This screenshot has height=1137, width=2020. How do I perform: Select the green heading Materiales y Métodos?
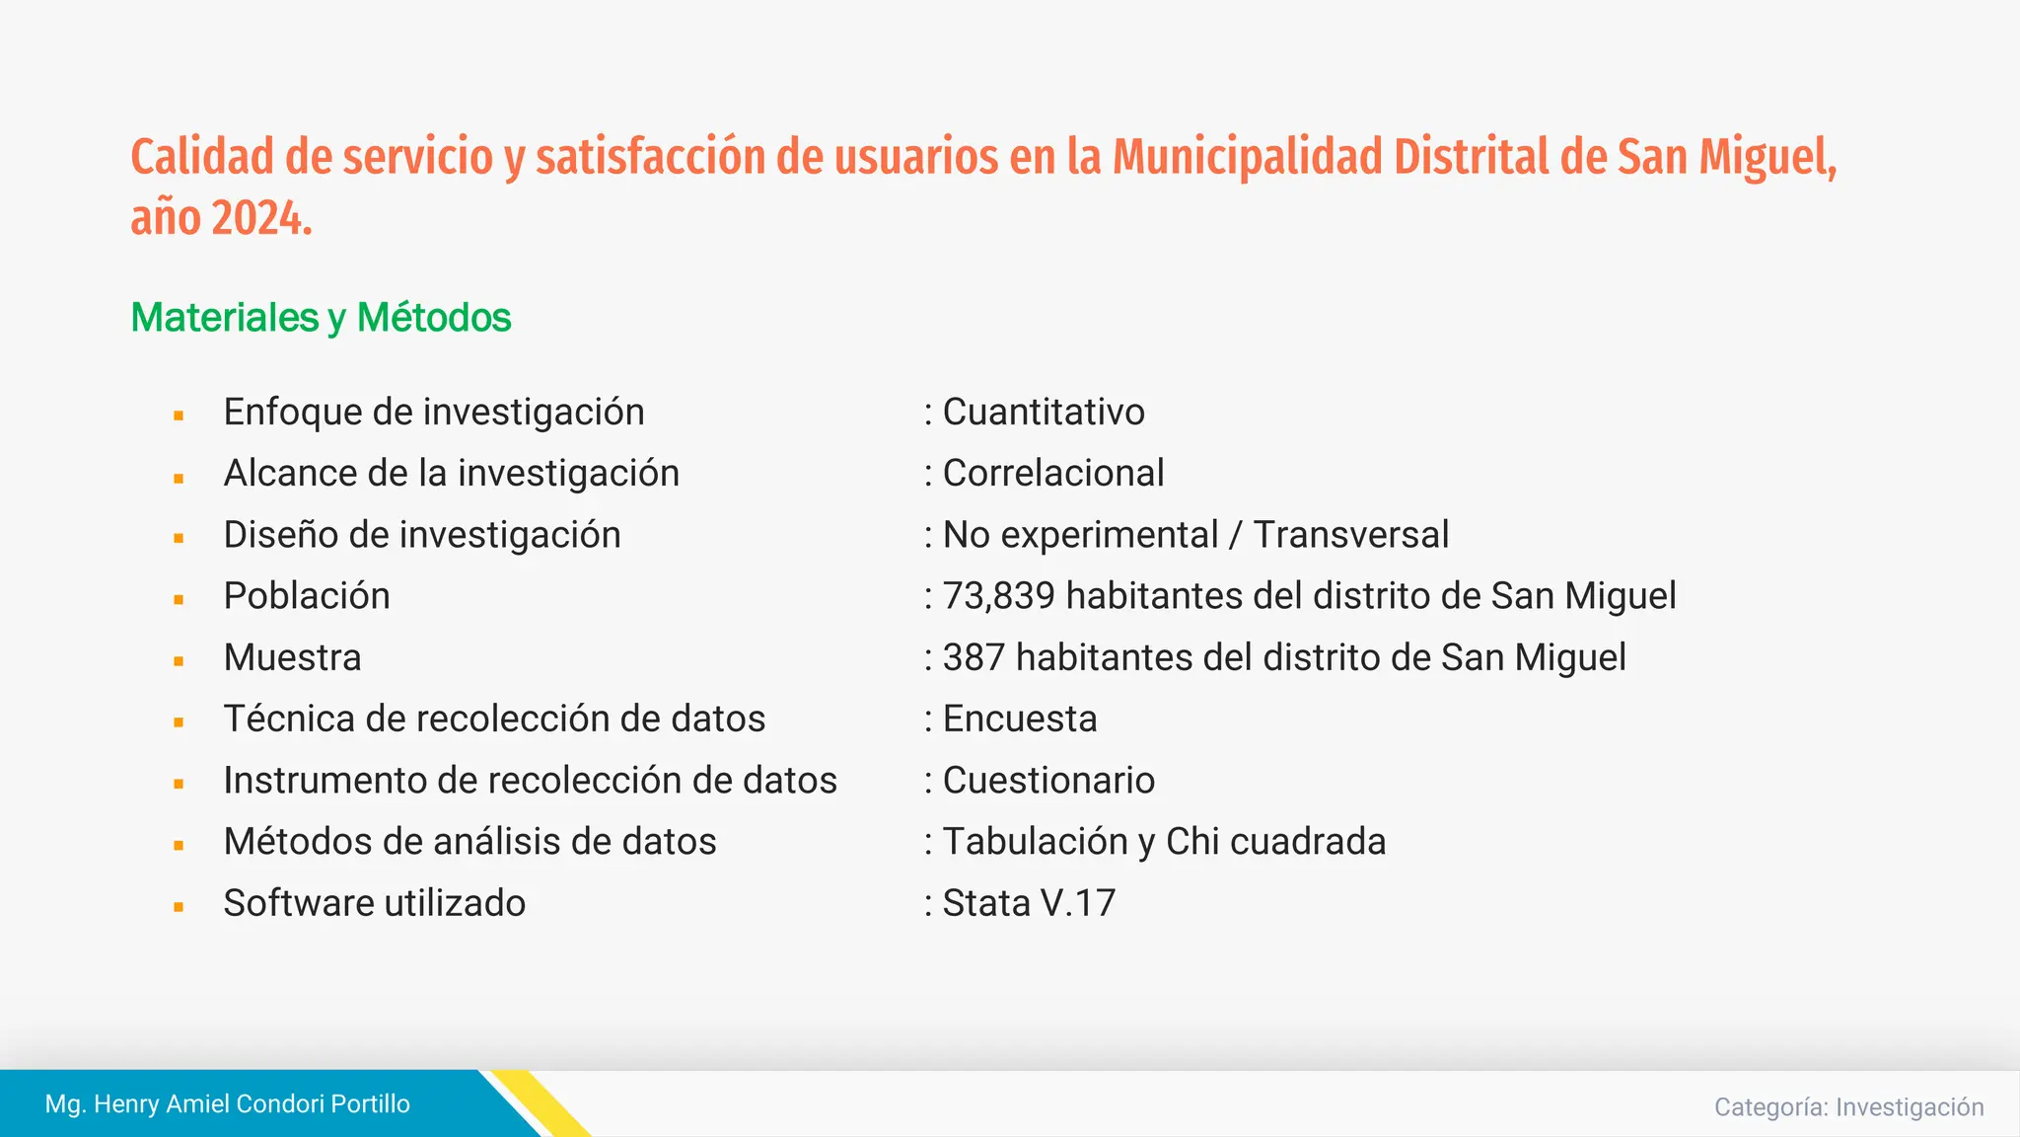pos(321,318)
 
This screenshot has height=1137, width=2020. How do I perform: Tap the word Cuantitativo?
pos(1044,413)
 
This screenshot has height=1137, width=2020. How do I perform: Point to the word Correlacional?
pos(1053,474)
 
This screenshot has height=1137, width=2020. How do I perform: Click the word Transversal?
pos(1350,535)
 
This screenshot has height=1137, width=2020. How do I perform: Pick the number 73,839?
pos(998,596)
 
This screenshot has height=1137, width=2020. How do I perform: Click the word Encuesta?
pos(1020,720)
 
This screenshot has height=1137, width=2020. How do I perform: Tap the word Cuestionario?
pos(1048,781)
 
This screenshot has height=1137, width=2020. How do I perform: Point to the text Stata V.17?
pos(1029,903)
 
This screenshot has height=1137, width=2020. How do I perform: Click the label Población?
pos(307,596)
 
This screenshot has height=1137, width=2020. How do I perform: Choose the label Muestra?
pos(293,657)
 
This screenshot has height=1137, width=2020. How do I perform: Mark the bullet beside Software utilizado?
pos(179,907)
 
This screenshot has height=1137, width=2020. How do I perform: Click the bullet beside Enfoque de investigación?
pos(179,417)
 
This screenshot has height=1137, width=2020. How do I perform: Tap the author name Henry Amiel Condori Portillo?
pos(251,1103)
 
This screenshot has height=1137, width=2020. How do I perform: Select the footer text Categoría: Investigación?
pos(1848,1107)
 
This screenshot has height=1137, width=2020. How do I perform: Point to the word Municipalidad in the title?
pos(1247,158)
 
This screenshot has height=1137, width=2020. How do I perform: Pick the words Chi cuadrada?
pos(1275,842)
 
